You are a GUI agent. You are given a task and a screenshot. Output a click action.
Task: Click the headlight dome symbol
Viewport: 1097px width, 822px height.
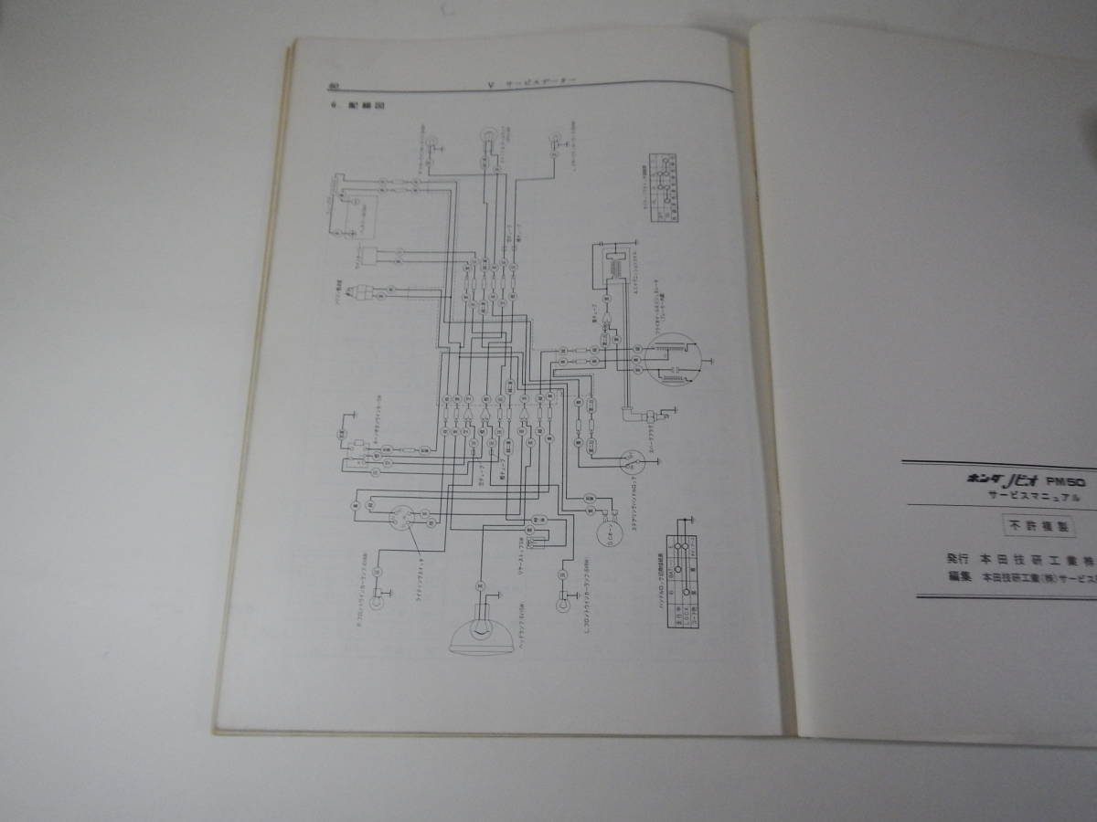point(477,630)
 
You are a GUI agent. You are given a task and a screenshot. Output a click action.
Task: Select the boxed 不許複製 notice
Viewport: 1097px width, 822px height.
point(1030,527)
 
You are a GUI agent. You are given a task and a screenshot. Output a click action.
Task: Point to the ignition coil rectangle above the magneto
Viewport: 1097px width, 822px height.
point(607,265)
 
